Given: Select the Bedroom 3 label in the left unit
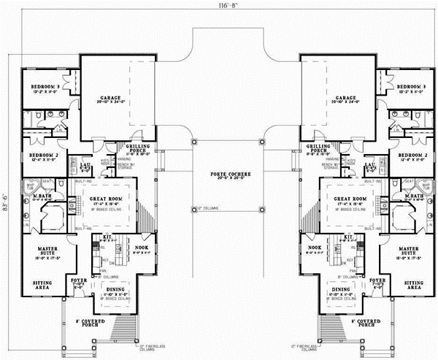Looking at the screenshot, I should coord(45,87).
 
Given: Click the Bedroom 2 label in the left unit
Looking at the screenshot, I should coord(43,156).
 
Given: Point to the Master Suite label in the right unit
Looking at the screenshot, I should coord(409,250).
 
